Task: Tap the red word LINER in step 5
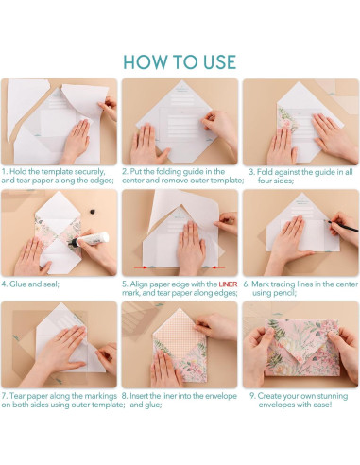click(x=228, y=284)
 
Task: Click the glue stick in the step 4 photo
click(x=89, y=240)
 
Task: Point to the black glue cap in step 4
click(x=92, y=212)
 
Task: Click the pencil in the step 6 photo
click(x=343, y=227)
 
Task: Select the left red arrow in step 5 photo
click(x=141, y=267)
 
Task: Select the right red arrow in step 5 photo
click(x=218, y=267)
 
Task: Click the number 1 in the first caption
click(x=4, y=172)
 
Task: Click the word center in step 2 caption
click(x=133, y=181)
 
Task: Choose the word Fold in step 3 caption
click(x=264, y=172)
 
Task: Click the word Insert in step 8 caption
click(x=139, y=396)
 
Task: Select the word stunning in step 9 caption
click(x=331, y=396)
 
